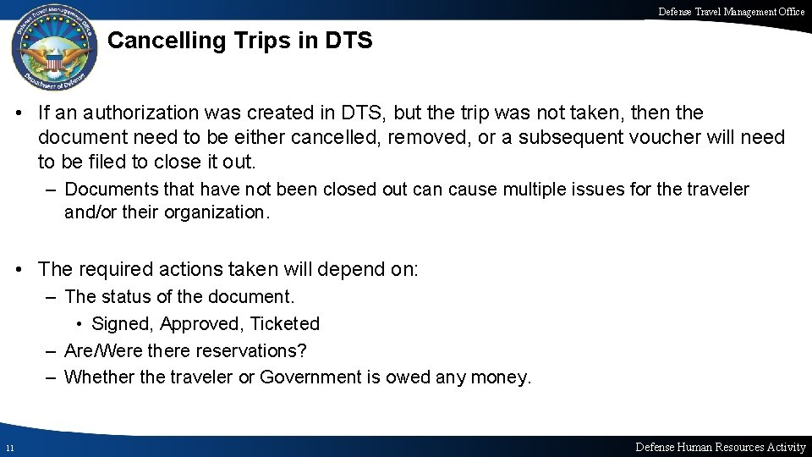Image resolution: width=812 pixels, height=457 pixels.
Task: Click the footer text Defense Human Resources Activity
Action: [720, 447]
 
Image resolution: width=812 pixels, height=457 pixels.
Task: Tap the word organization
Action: [219, 212]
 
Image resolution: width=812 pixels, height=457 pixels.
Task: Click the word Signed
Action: [123, 323]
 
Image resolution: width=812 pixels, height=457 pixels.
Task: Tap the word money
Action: [501, 377]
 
